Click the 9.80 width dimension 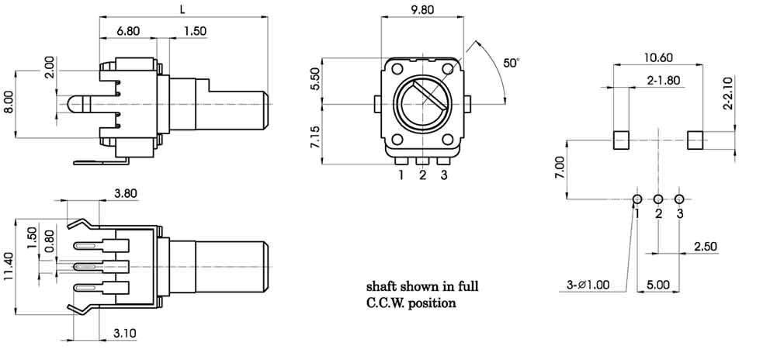click(x=422, y=11)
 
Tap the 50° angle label click(x=510, y=63)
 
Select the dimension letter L click(x=182, y=9)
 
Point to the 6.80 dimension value click(x=128, y=32)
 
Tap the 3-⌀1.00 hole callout click(x=588, y=285)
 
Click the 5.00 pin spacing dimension click(x=657, y=285)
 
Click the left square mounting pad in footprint click(x=621, y=140)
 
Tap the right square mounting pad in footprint click(x=695, y=140)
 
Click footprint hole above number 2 click(x=658, y=199)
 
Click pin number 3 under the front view click(x=443, y=175)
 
